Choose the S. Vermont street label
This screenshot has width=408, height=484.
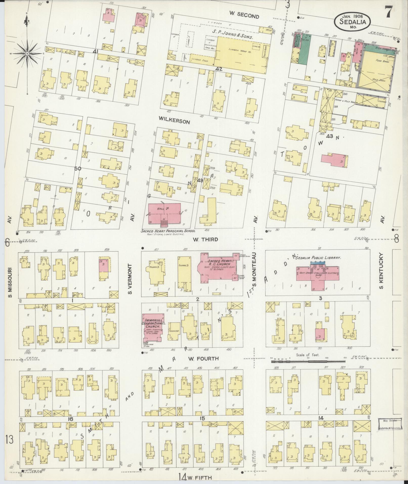pos(130,279)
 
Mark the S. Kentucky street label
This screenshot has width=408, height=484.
pos(381,271)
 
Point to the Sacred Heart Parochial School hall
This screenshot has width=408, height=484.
pos(165,213)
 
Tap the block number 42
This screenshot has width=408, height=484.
pos(219,69)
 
